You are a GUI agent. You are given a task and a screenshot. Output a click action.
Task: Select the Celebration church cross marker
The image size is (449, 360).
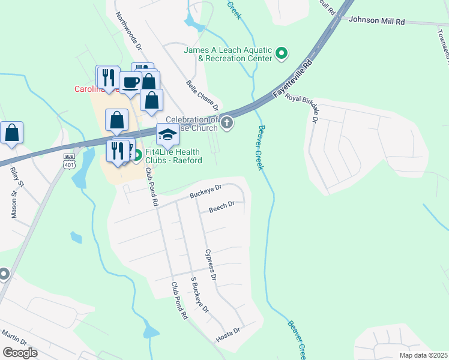pos(226,124)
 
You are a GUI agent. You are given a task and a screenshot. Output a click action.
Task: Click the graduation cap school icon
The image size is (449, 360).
pos(168,136)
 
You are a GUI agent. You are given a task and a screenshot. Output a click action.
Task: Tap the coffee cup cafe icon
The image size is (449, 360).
pos(130,82)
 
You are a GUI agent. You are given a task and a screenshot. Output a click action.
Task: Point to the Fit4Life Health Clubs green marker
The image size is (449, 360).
pos(136,156)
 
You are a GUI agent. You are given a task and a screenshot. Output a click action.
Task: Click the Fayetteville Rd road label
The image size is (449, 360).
pos(294,79)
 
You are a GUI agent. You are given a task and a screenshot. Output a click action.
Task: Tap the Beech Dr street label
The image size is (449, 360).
pos(221,208)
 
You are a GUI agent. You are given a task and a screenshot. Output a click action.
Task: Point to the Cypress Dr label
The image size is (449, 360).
pos(210,265)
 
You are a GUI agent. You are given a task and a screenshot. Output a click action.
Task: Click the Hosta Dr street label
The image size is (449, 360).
pos(228,335)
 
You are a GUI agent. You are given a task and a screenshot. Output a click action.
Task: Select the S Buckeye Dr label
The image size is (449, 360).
pos(199,294)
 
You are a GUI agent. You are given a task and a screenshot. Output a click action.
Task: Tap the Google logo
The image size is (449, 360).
pos(20,353)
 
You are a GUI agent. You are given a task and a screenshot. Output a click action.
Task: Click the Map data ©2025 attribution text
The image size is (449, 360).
pos(423,355)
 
